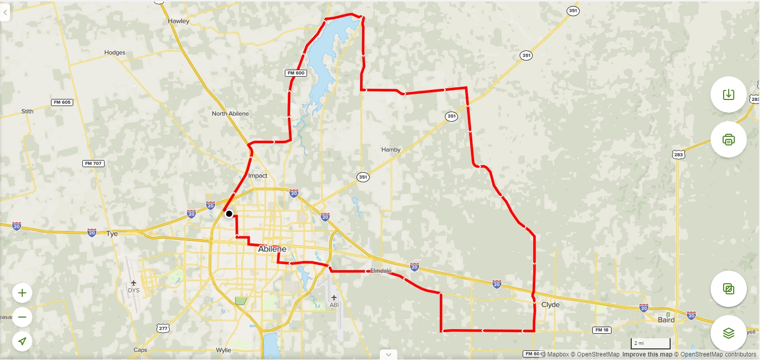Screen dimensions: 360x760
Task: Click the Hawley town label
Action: pos(178,21)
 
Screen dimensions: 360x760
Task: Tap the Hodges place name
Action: pos(115,53)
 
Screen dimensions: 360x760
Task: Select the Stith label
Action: pos(27,111)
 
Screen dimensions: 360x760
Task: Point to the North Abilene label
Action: pos(230,114)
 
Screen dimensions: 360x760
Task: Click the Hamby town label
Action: pos(391,149)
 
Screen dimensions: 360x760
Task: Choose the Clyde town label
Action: pos(550,305)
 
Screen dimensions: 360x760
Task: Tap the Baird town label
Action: pos(666,320)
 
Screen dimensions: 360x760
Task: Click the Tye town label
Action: pos(112,234)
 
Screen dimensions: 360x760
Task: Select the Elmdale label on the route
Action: pos(381,271)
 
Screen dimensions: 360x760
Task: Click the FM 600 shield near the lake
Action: pos(296,73)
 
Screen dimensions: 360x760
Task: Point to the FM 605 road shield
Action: pos(62,102)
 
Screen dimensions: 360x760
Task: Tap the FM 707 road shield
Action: pos(93,164)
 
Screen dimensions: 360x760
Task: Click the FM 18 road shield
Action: pos(601,330)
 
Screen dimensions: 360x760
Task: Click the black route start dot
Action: pos(229,214)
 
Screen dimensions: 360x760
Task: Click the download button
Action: pos(728,94)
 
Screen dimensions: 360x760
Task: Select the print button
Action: pos(728,139)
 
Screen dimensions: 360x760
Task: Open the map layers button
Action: pos(728,333)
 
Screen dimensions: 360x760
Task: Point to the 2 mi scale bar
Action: pos(650,344)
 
